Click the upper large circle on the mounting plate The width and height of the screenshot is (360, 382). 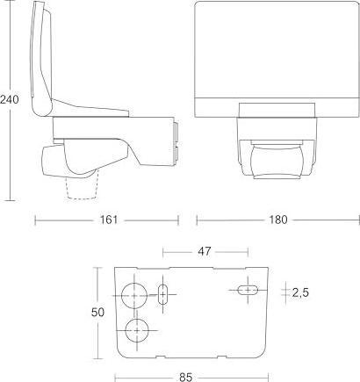click(x=135, y=296)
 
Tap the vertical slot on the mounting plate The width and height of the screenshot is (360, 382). click(x=162, y=293)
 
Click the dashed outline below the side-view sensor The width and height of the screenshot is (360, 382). click(x=83, y=189)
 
